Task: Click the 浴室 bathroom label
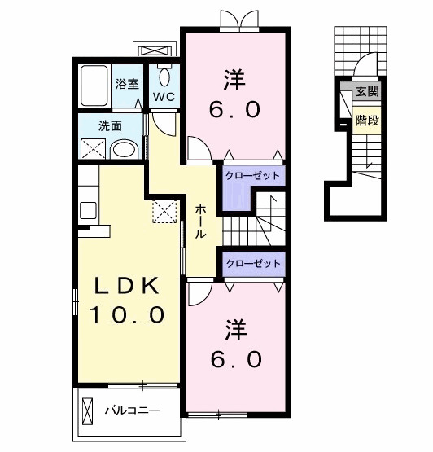127,84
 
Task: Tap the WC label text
164,97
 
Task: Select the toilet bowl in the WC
164,77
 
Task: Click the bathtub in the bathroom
94,86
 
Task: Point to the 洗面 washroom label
110,126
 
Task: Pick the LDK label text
127,286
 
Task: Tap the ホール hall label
200,222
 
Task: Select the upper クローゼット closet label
252,176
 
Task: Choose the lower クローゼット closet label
253,264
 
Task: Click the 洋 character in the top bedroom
234,80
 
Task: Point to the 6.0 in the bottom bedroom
236,359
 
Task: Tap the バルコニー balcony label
132,410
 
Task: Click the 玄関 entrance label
367,91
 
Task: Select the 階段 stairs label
367,121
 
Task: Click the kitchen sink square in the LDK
88,210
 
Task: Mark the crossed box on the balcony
87,410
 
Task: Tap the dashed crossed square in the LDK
164,211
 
